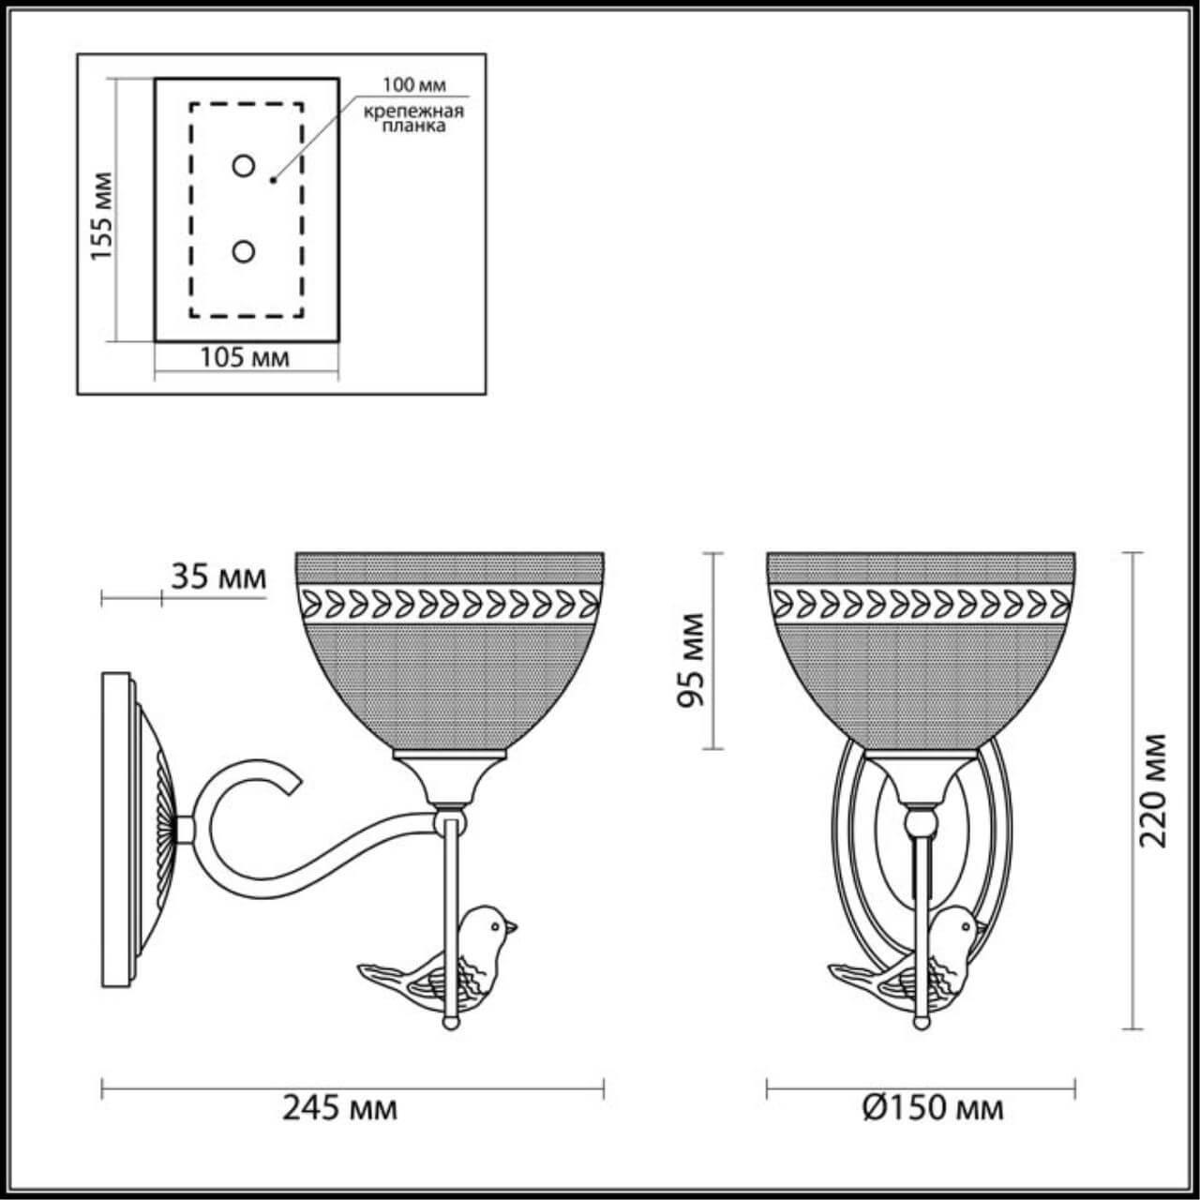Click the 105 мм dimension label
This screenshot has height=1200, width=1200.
pos(245,357)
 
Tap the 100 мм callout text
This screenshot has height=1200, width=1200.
pos(413,85)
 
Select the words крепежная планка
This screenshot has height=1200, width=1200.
pos(414,119)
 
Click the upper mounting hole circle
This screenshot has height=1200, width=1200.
pos(244,167)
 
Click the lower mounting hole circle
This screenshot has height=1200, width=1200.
pos(244,251)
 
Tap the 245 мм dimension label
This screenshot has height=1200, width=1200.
pos(339,1108)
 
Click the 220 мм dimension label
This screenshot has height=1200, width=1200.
pos(1154,789)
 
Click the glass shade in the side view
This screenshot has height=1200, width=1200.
pos(449,647)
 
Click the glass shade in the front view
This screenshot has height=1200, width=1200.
pos(922,647)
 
